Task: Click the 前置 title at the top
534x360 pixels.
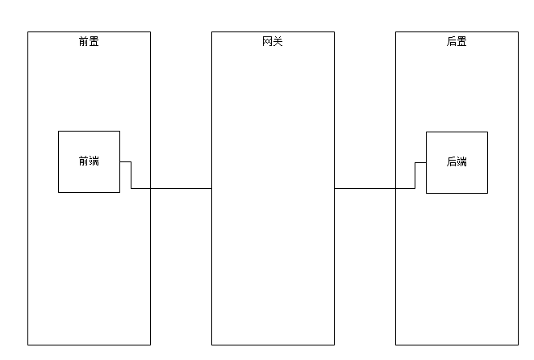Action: pos(89,41)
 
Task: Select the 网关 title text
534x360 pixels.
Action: pos(273,41)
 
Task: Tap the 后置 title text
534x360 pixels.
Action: pos(457,41)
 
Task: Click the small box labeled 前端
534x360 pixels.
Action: pos(89,161)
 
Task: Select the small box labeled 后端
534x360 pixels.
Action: pos(457,162)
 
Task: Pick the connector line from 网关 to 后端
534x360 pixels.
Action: pos(375,188)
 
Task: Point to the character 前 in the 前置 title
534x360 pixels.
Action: pos(84,41)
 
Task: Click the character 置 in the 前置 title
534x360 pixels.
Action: pos(94,41)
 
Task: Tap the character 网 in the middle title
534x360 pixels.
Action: pos(268,41)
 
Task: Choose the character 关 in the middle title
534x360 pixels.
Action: pos(278,41)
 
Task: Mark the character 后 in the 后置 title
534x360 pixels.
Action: pos(452,41)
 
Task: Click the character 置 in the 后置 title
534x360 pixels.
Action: pos(462,41)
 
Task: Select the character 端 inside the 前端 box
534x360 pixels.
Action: pos(94,161)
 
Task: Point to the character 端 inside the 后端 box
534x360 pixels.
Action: pos(462,162)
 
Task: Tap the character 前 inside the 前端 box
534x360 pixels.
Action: pos(84,161)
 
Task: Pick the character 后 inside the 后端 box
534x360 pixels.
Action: pos(452,162)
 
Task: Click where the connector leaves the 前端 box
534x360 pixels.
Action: pos(120,161)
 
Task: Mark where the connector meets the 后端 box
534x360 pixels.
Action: pos(426,162)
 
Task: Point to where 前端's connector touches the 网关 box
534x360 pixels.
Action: pos(211,188)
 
